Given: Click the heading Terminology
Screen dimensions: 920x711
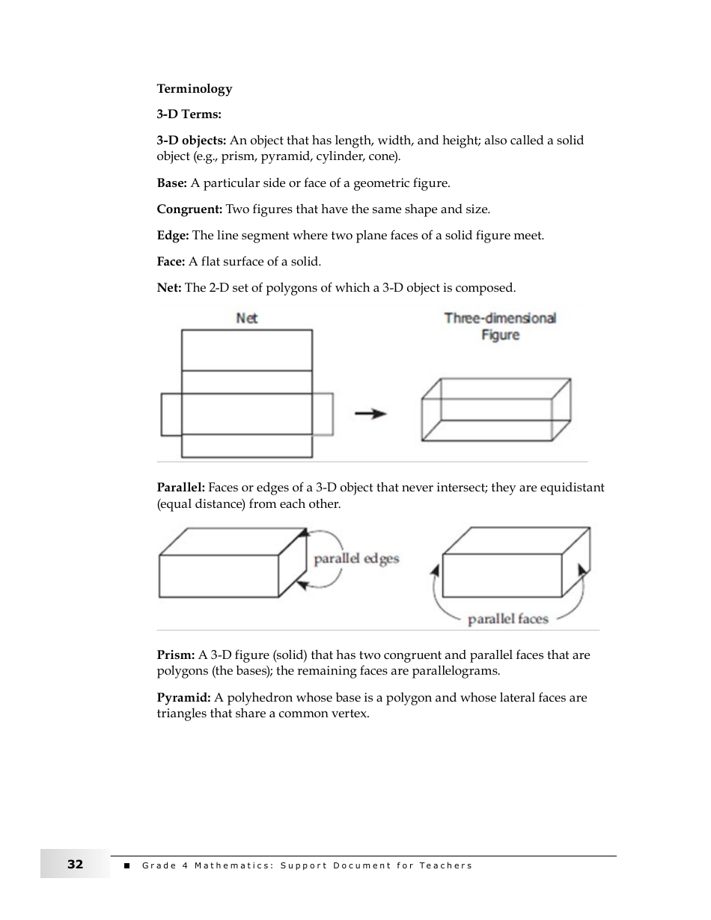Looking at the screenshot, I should point(195,89).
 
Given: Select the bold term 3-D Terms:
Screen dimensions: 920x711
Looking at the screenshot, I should point(189,114).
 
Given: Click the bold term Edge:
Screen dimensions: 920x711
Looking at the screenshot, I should point(173,236).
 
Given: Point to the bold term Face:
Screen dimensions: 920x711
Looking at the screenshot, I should point(171,262).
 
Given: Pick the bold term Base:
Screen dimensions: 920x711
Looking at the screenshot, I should point(171,183).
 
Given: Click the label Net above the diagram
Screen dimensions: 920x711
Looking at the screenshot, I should point(246,319).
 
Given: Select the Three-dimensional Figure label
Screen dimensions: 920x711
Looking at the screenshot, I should point(500,326).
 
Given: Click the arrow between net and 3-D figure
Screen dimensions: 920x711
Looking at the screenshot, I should point(370,414).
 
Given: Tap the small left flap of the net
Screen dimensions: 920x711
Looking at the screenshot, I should point(171,414).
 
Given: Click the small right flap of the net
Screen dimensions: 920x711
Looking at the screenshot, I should point(323,414).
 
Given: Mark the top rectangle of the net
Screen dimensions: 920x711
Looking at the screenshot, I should point(247,350).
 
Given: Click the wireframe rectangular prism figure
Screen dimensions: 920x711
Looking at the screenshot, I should point(495,409).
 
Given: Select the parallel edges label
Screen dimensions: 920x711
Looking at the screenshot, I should point(356,559).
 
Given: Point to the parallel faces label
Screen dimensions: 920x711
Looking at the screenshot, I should point(507,619).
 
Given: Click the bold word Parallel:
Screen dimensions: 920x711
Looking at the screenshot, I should point(180,488).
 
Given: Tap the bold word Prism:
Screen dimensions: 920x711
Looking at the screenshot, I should point(176,655).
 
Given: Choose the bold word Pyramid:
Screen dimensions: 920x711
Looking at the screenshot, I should point(183,698).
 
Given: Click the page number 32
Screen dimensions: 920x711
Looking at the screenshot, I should point(75,865).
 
